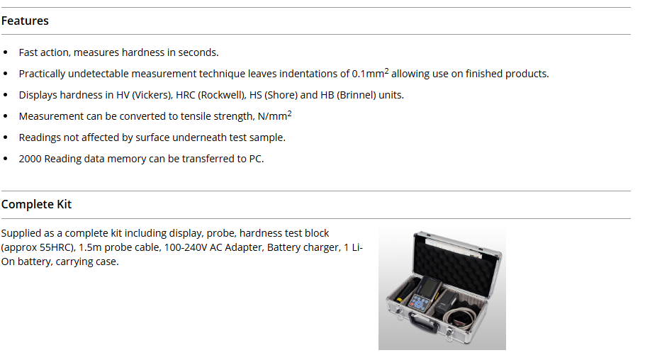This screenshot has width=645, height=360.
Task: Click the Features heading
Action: (25, 21)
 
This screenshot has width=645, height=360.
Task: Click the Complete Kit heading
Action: (36, 204)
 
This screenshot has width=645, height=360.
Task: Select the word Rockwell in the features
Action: (221, 95)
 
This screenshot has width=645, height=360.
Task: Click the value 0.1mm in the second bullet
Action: (368, 74)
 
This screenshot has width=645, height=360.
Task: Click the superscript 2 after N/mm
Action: (290, 113)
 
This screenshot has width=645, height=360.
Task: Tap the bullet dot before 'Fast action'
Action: (6, 52)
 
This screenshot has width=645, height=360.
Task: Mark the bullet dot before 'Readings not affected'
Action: (6, 137)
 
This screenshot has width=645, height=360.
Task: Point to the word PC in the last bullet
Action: (255, 159)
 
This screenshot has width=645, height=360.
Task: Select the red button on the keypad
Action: (413, 303)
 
